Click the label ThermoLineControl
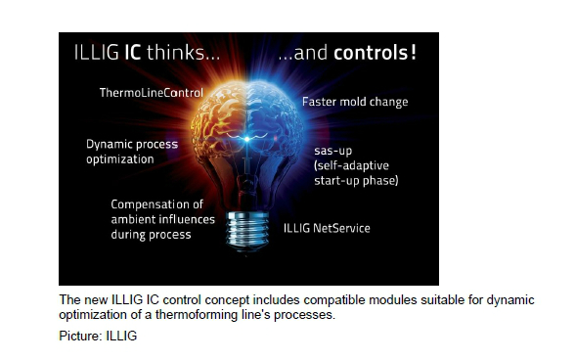pos(151,93)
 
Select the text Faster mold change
pos(355,102)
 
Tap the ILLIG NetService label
pos(328,228)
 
